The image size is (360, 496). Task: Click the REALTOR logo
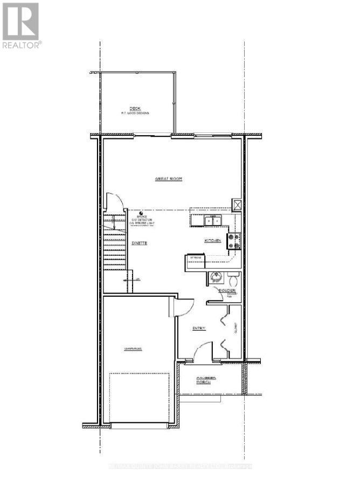[x=21, y=25]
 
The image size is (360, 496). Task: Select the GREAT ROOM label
[x=168, y=179]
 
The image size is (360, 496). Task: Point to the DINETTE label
[x=140, y=243]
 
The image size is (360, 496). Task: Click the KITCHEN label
[x=212, y=240]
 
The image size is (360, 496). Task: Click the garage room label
[x=133, y=349]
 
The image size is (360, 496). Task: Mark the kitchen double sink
[x=212, y=220]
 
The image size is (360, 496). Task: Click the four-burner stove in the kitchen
[x=234, y=240]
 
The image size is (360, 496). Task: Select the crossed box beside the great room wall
[x=237, y=205]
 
